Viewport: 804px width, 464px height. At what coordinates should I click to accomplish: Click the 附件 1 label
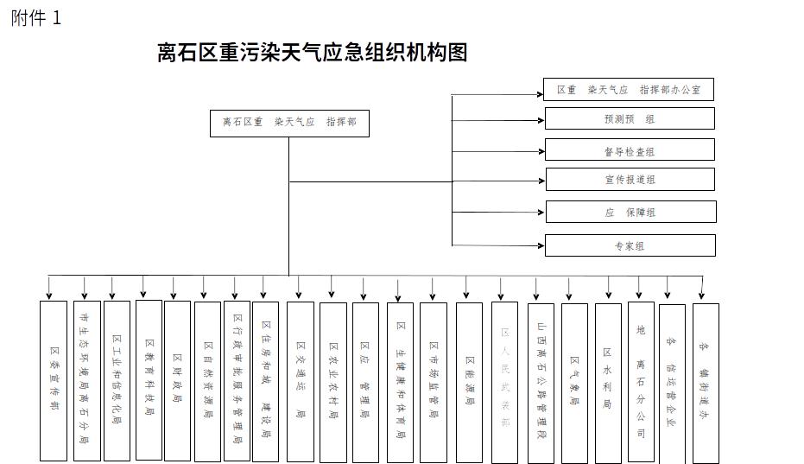tap(36, 18)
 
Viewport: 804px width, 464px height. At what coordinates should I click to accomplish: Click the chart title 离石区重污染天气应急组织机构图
tap(312, 53)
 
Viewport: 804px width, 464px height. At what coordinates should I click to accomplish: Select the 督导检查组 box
tap(630, 150)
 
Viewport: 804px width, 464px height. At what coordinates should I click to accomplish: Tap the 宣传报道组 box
tap(630, 180)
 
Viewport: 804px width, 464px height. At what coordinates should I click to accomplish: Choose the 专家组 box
tap(630, 245)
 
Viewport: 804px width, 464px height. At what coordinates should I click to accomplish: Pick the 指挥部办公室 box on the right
tap(629, 90)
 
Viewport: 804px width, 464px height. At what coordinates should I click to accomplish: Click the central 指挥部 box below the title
tap(289, 123)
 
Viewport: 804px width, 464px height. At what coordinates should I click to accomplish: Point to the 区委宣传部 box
tap(54, 380)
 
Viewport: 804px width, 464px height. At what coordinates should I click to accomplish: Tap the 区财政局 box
tap(177, 380)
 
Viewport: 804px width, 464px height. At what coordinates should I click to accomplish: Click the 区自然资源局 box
tap(207, 380)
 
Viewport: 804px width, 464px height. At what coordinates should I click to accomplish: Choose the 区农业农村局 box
tap(332, 380)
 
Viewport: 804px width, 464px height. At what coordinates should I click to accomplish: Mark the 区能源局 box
tap(469, 380)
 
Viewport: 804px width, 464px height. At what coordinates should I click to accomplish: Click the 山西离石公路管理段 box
tap(541, 380)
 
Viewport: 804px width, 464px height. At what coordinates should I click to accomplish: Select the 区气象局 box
tap(574, 380)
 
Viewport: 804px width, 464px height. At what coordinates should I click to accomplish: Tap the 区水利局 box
tap(608, 380)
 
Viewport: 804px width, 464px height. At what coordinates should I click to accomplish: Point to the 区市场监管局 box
tap(434, 380)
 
